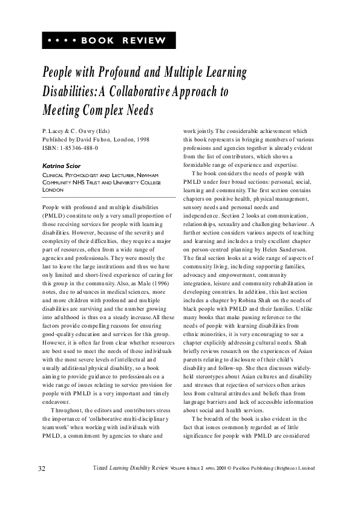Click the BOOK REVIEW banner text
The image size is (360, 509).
(x=123, y=41)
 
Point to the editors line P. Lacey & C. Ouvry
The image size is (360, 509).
(x=76, y=131)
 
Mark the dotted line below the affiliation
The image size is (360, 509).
(x=109, y=197)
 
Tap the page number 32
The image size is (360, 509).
(x=42, y=468)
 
